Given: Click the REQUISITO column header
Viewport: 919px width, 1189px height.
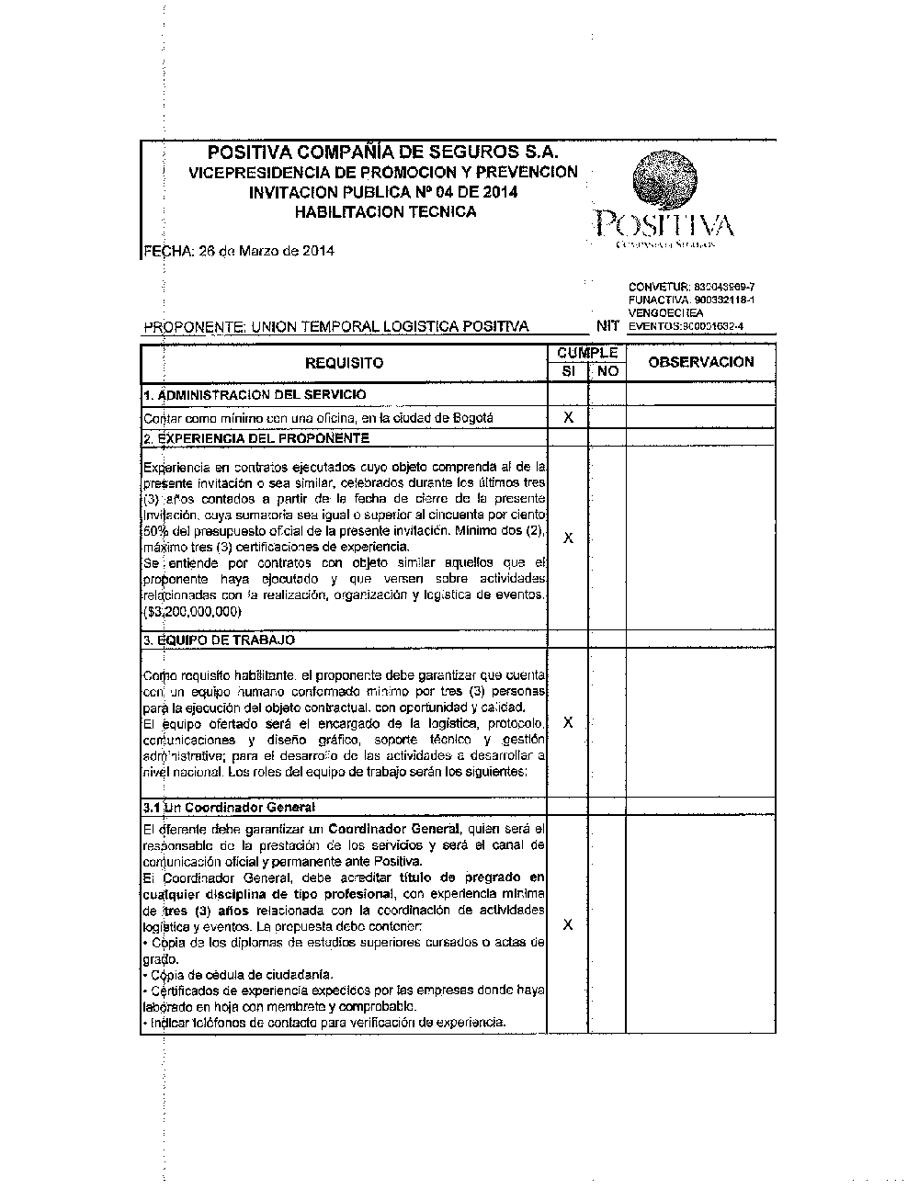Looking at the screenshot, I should point(344,363).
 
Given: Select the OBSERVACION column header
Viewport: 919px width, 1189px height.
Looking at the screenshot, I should point(700,362).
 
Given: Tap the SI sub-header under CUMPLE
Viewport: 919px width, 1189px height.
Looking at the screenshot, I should point(568,372).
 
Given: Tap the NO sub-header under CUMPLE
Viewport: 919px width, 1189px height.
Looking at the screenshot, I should point(607,372).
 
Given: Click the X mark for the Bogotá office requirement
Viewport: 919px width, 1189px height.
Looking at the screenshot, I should point(568,417).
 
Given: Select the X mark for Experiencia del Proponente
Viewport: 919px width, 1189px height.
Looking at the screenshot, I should point(568,538).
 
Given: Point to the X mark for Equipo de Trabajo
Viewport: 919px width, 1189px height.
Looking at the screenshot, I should point(568,722).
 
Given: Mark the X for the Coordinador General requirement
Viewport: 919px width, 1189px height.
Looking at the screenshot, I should point(568,924).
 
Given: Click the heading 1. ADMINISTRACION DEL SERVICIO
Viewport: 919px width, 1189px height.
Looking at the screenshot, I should point(255,394).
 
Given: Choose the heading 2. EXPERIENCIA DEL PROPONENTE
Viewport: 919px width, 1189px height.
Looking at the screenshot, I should point(256,438).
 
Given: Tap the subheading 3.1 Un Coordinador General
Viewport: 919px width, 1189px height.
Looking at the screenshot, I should point(230,807).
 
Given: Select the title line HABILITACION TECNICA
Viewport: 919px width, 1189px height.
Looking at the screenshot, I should point(384,212).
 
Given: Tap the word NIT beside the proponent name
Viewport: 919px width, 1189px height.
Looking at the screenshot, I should point(607,325).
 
